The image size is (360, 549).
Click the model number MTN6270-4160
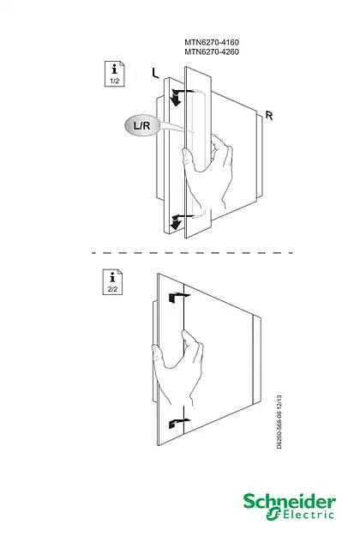[x=212, y=42]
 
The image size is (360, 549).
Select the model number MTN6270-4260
[x=212, y=51]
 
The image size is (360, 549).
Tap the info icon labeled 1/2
[x=115, y=74]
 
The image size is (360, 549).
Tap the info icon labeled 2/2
[x=112, y=282]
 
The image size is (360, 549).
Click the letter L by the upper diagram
[x=155, y=73]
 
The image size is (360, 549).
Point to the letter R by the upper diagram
[x=268, y=115]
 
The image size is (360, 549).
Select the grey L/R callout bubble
[x=142, y=125]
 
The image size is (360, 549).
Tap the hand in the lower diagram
[x=177, y=368]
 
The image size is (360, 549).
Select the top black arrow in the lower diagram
[x=177, y=297]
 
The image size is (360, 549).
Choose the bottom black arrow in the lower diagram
[x=177, y=423]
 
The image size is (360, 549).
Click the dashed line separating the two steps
[x=192, y=252]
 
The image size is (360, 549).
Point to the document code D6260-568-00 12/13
[x=279, y=422]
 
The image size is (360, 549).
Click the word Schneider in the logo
[x=290, y=502]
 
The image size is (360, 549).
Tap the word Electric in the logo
[x=308, y=515]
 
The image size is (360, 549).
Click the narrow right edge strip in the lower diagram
[x=257, y=360]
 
